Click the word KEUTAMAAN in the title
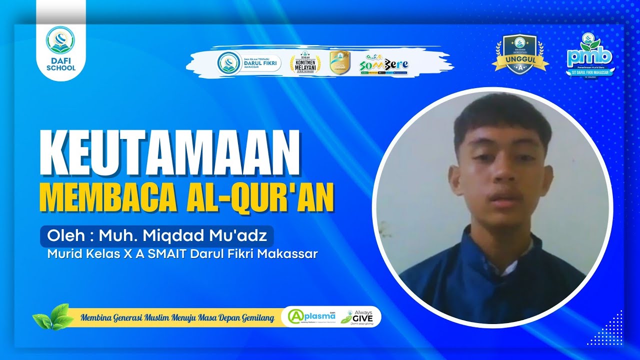coord(169,153)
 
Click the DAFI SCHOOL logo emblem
coord(60,40)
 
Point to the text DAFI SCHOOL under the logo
coord(60,63)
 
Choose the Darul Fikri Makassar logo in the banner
coord(249,63)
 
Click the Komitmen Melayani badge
coord(305,63)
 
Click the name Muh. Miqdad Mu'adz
coord(182,235)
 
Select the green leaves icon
coord(50,317)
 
